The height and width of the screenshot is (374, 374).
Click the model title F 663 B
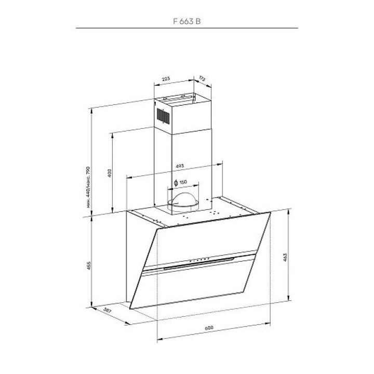coord(187,21)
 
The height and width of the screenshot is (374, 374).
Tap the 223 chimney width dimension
coord(166,79)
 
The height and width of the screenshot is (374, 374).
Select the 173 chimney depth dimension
coord(202,79)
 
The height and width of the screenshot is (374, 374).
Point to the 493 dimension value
coord(180,166)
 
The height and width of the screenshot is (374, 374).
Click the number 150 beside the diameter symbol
coord(183,182)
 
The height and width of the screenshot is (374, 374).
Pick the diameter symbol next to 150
coord(176,183)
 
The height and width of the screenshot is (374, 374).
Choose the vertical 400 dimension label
coord(110,173)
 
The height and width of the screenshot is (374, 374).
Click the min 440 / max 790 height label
coord(88,187)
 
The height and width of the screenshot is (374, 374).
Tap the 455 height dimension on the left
coord(88,265)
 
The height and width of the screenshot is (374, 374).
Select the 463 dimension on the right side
coord(285,257)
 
